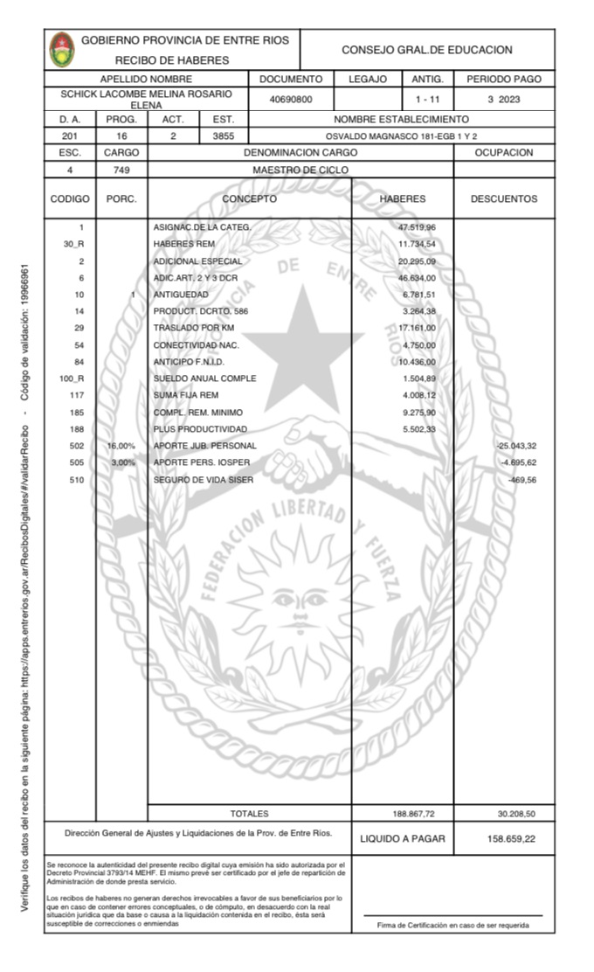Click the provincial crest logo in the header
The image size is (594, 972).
[62, 50]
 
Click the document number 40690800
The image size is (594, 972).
[291, 100]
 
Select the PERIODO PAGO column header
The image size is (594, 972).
[504, 80]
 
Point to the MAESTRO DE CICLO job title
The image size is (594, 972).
[300, 170]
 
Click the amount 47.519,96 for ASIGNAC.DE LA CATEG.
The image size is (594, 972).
[417, 227]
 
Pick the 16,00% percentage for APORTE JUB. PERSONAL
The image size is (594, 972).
[121, 446]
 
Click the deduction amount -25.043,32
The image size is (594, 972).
[515, 446]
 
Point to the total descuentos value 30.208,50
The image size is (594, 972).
[515, 814]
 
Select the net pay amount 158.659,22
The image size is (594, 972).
[511, 839]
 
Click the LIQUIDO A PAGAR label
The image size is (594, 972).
[402, 839]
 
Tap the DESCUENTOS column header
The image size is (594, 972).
[504, 199]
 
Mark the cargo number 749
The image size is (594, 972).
[121, 170]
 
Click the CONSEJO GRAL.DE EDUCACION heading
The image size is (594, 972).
[426, 51]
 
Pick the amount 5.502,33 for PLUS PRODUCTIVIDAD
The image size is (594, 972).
[418, 429]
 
